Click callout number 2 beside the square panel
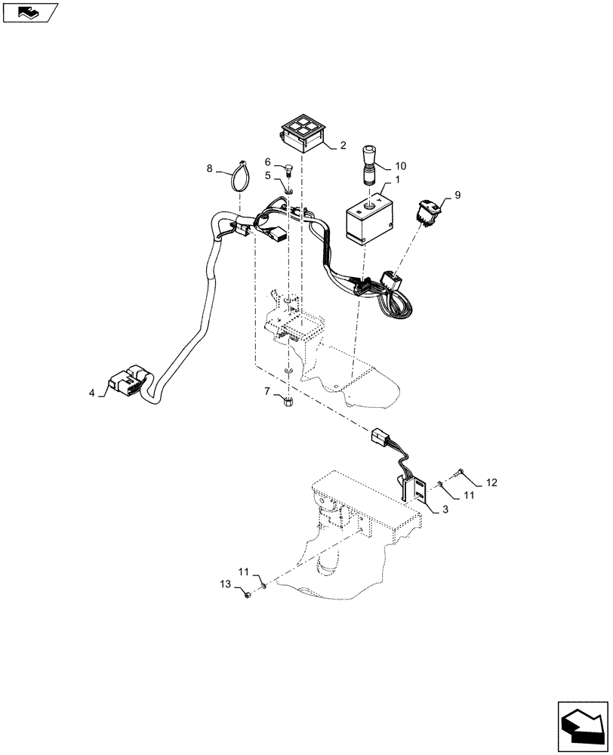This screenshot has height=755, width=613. [343, 144]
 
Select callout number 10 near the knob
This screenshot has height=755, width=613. [401, 165]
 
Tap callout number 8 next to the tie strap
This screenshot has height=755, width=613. [211, 168]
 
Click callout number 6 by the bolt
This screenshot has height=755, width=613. [268, 161]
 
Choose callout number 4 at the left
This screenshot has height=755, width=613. [92, 393]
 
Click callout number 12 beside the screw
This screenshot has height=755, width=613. [491, 481]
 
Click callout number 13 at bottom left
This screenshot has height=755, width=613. [225, 584]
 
